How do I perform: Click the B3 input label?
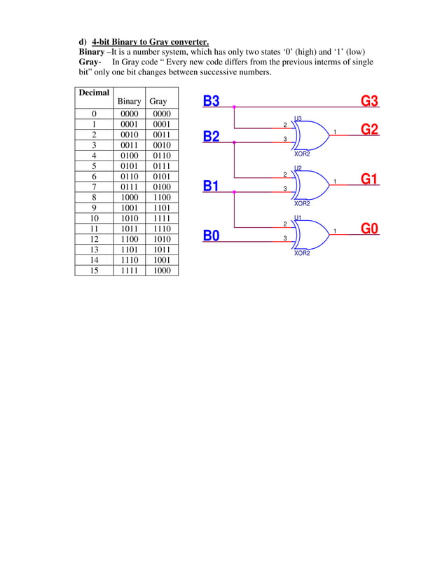coord(211,101)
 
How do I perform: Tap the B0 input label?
coord(211,236)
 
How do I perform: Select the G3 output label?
coord(369,101)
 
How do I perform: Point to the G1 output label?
coord(369,179)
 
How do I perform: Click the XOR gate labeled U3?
coord(308,133)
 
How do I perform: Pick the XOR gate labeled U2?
coord(308,183)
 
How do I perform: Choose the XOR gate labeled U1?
coord(308,233)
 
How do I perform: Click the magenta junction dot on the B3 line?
coord(234,107)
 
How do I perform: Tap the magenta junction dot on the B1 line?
coord(234,191)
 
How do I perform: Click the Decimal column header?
coord(94,93)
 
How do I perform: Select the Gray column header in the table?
coord(158,102)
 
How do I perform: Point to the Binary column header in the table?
coord(130,102)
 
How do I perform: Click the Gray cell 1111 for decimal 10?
coord(162,218)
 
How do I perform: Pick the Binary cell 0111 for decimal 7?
coord(130,186)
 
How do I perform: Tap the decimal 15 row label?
coord(94,271)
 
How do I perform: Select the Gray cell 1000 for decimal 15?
coord(162,271)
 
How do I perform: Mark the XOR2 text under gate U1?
coord(302,253)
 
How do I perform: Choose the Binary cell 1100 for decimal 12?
coord(130,239)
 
